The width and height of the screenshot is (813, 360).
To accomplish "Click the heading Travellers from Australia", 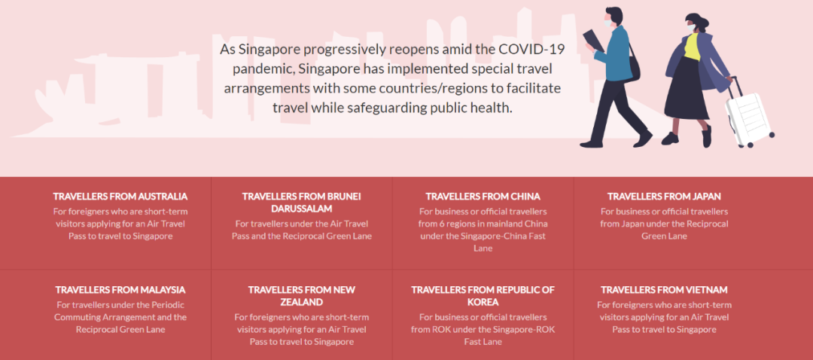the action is tap(120, 197).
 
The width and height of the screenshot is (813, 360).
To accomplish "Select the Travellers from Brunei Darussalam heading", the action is tap(301, 203).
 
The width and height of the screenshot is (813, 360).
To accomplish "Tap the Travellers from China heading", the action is tap(483, 197).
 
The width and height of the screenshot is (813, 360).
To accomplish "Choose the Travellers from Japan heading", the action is tap(664, 197).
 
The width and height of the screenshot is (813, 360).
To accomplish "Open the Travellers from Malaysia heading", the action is tap(120, 289).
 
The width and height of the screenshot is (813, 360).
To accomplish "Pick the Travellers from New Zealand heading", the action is tap(301, 296).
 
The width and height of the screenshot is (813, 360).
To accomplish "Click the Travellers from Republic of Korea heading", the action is tap(483, 296).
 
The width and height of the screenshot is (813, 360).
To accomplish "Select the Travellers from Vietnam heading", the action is tap(664, 289).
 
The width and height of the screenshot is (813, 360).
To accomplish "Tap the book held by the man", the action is tap(593, 41).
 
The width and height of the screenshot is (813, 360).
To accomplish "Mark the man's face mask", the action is tap(607, 23).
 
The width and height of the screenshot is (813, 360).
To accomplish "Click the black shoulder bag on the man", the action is tap(633, 64).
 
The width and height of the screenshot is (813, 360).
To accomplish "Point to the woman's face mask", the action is tap(691, 27).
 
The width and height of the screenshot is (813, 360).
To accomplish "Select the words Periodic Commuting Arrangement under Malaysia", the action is tap(120, 311).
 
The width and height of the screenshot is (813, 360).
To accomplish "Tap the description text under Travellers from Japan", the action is tap(664, 224).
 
